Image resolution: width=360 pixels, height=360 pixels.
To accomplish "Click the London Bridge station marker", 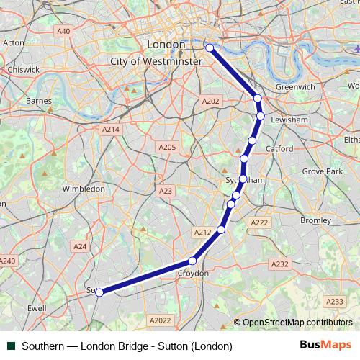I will coord(210,48).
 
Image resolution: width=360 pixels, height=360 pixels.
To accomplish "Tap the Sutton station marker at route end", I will coord(99,292).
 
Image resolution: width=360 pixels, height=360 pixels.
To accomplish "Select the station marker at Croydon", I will coord(192,261).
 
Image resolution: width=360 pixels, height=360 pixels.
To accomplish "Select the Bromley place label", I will coord(315,220).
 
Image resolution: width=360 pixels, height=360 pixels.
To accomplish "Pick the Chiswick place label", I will coord(24,70).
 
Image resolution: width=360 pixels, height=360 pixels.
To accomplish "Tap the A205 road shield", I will coord(166,147).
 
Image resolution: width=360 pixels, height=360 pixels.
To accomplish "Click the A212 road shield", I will coord(202,232).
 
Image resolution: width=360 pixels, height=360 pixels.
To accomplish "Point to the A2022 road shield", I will coord(160,320).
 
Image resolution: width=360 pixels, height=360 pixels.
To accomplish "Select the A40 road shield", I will coord(63,31).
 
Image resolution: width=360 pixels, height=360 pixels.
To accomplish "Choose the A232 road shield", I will coord(280,264).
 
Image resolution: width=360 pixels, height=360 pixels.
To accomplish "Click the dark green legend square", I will coord(11,346).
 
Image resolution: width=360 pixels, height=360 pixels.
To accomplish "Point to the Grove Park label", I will coord(322,172).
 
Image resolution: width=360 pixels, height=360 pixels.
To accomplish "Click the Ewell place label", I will coord(36,307).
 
